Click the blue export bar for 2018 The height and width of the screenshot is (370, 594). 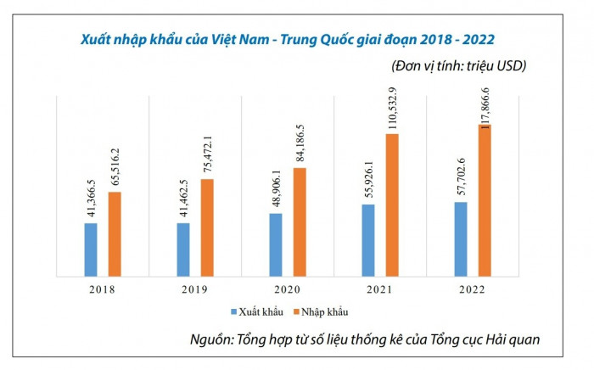[x=90, y=249]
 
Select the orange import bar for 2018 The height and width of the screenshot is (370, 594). [x=115, y=233]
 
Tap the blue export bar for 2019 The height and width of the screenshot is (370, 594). [x=182, y=249]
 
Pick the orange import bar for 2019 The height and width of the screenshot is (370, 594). [x=207, y=227]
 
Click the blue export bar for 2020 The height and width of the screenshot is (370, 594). [x=276, y=244]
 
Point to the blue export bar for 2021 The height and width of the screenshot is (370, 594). [x=368, y=239]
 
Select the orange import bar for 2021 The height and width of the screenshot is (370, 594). [x=393, y=204]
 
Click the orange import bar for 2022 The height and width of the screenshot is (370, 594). [x=485, y=199]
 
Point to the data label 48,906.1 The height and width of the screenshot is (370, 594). [x=276, y=186]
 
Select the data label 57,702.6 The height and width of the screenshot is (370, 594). [x=461, y=176]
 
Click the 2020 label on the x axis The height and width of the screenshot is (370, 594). [x=288, y=289]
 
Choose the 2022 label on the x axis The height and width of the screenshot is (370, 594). [x=474, y=289]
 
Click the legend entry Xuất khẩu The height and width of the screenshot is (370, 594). [x=255, y=313]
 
